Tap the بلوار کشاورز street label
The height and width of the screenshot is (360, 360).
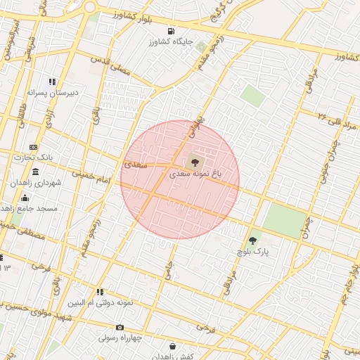[x=136, y=15]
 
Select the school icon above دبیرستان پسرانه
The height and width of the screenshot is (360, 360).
[x=53, y=82]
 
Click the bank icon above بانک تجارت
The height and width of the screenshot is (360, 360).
[x=33, y=147]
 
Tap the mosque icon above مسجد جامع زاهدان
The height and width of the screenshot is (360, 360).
[x=25, y=198]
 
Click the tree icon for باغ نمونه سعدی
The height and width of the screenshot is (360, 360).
[x=195, y=160]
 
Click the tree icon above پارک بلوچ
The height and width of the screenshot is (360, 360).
[x=252, y=240]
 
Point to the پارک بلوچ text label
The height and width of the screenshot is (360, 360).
[x=252, y=251]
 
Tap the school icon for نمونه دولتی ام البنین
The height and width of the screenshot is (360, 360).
[x=100, y=292]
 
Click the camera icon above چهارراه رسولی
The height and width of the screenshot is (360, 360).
[x=120, y=328]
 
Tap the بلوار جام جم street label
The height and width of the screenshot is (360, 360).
[x=349, y=281]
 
